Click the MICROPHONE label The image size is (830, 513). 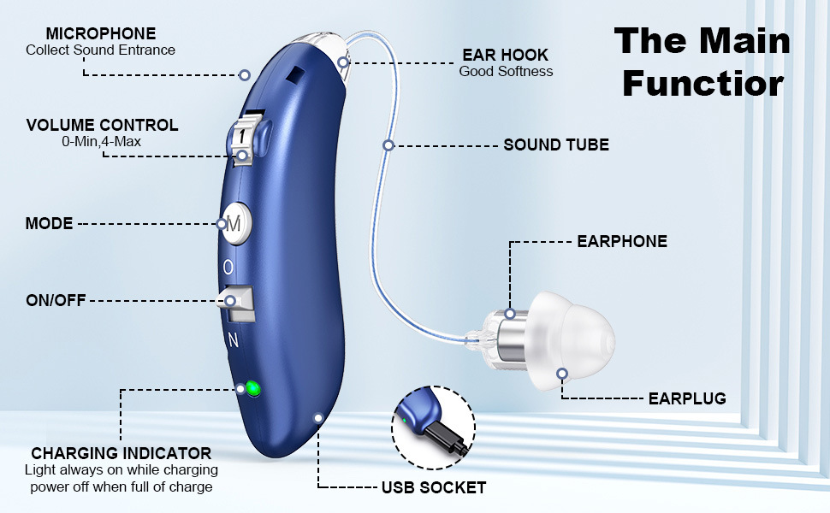click(101, 33)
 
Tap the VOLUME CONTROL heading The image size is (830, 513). click(102, 125)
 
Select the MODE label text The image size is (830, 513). click(49, 224)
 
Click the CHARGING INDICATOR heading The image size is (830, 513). click(121, 453)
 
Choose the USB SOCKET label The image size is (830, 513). click(433, 488)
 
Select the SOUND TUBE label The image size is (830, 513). click(556, 144)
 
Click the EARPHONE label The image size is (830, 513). click(622, 242)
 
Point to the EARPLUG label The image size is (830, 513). click(687, 398)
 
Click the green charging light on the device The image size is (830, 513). click(252, 390)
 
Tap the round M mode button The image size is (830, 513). click(235, 223)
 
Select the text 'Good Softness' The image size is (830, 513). click(506, 72)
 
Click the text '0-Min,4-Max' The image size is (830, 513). click(102, 142)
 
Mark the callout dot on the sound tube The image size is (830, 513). click(388, 145)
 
